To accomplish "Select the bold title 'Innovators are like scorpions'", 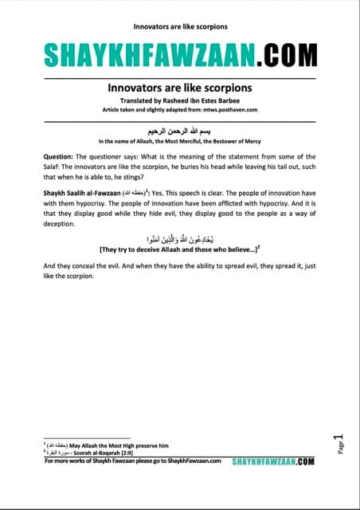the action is coord(179,86).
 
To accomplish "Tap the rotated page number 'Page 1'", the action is coord(338,443).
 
